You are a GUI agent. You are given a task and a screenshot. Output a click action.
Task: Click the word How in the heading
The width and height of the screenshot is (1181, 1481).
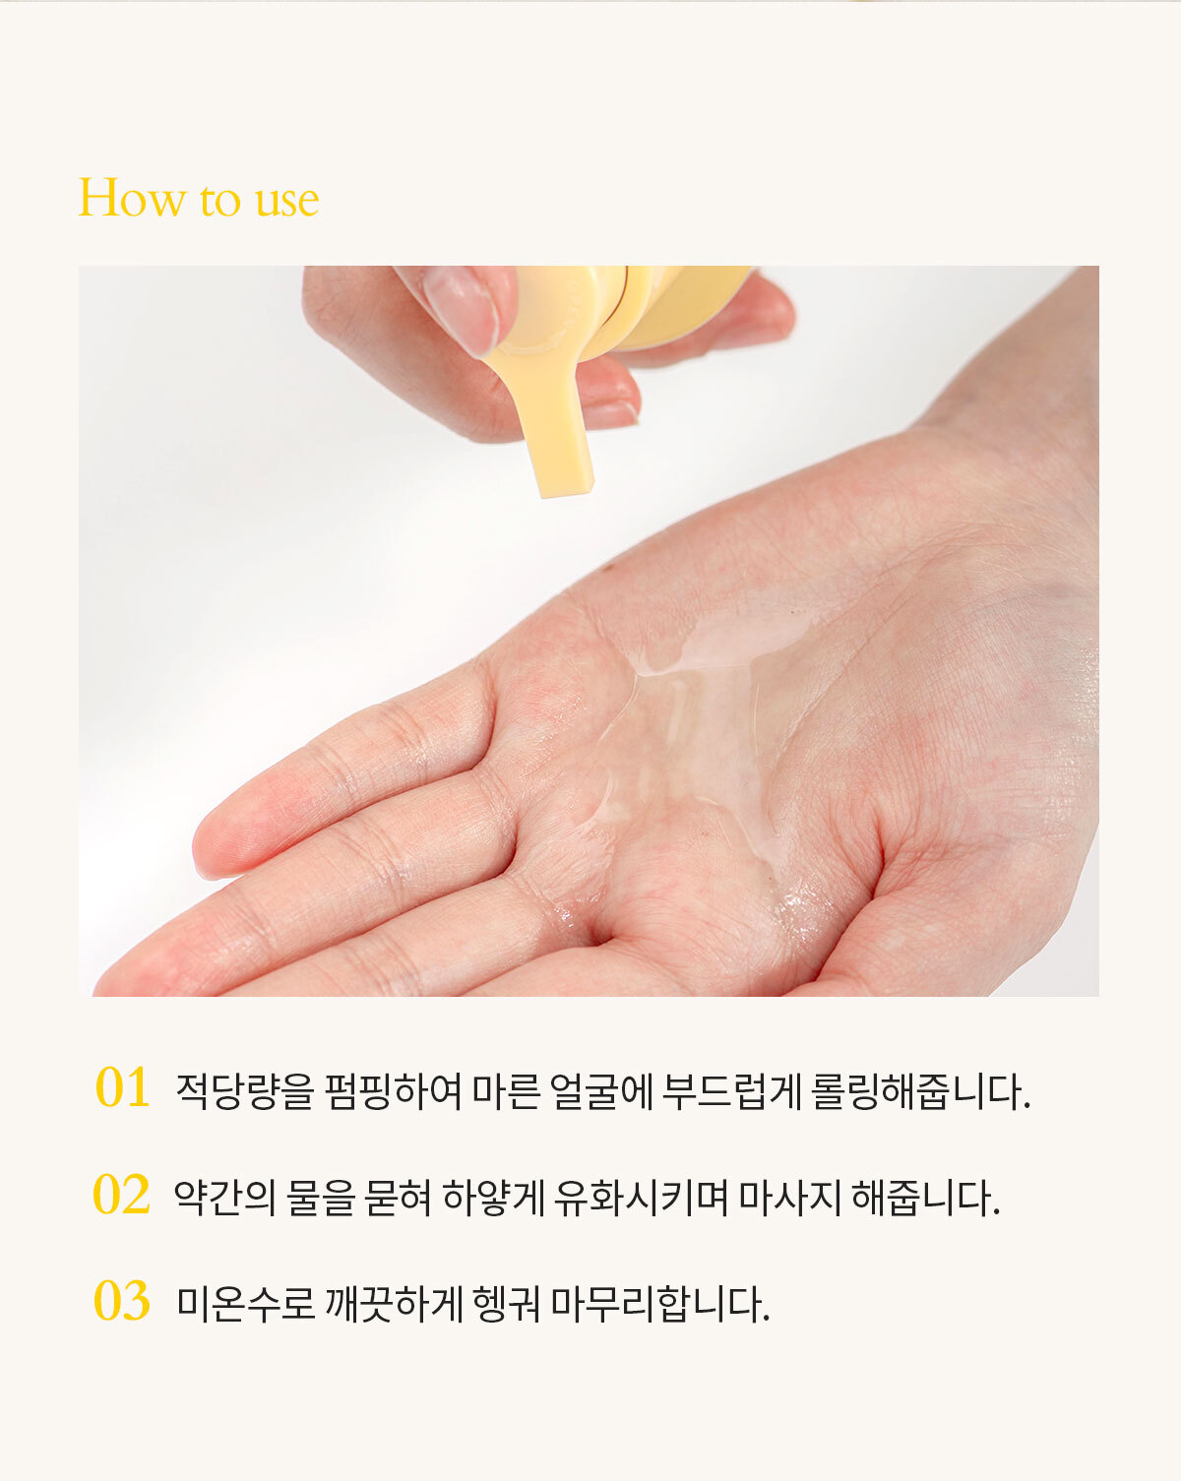click(132, 198)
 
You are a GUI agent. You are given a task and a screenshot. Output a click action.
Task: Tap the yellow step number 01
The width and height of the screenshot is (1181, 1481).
click(122, 1087)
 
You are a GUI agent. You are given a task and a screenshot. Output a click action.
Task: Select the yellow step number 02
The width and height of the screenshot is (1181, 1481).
click(122, 1194)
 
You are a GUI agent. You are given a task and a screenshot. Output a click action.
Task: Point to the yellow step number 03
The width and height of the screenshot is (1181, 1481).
click(122, 1301)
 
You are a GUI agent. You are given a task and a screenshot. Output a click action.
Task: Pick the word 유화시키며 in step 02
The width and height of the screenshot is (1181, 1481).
click(641, 1198)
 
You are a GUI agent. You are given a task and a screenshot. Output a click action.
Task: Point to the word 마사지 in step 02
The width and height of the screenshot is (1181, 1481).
click(789, 1198)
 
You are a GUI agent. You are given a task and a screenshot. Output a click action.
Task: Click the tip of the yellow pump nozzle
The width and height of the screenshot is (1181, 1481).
click(568, 489)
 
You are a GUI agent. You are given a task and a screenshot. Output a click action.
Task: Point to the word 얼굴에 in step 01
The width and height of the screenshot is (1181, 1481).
click(600, 1090)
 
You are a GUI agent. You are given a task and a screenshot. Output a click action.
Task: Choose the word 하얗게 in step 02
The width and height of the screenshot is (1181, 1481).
click(493, 1198)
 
